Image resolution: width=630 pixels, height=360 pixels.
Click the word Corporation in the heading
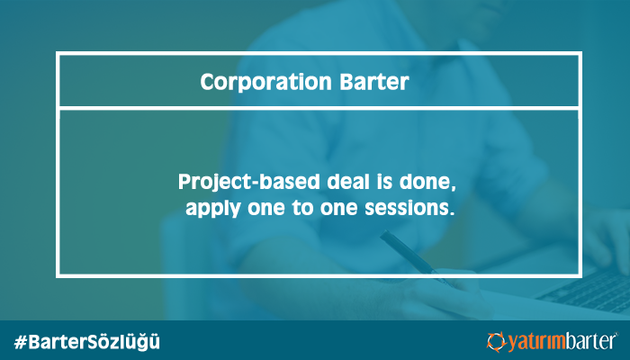point(265,82)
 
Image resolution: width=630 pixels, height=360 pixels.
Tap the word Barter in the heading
point(374,82)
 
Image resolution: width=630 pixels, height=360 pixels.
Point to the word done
point(427,183)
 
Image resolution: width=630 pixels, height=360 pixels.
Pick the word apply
point(213,209)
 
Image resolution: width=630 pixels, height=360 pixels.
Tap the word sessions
point(409,208)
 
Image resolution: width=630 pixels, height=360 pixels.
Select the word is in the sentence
point(384,182)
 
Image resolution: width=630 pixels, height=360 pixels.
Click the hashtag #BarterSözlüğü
point(86,342)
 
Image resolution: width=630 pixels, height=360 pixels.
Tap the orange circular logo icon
point(496,342)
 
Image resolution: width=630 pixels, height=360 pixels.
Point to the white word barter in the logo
point(590,342)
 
